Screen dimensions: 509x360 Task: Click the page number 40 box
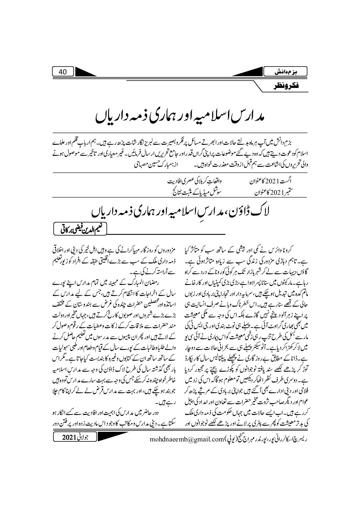[62, 72]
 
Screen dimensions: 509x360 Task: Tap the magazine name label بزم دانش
[286, 72]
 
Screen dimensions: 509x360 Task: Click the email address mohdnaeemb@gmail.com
[186, 439]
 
